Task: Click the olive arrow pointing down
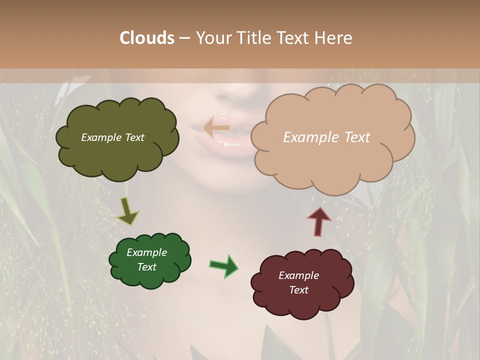[x=128, y=211]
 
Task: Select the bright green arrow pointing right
[x=224, y=265]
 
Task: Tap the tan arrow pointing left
[x=216, y=128]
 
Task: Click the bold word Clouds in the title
[x=147, y=38]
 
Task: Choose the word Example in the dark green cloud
[x=146, y=252]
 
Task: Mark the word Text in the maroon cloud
[x=298, y=290]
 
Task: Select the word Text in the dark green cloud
[x=146, y=267]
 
